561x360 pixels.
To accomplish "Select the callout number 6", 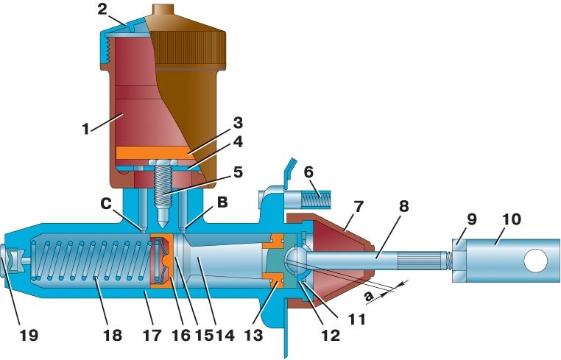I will coord(310,172).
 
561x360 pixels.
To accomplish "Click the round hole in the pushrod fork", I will coord(537,259).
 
